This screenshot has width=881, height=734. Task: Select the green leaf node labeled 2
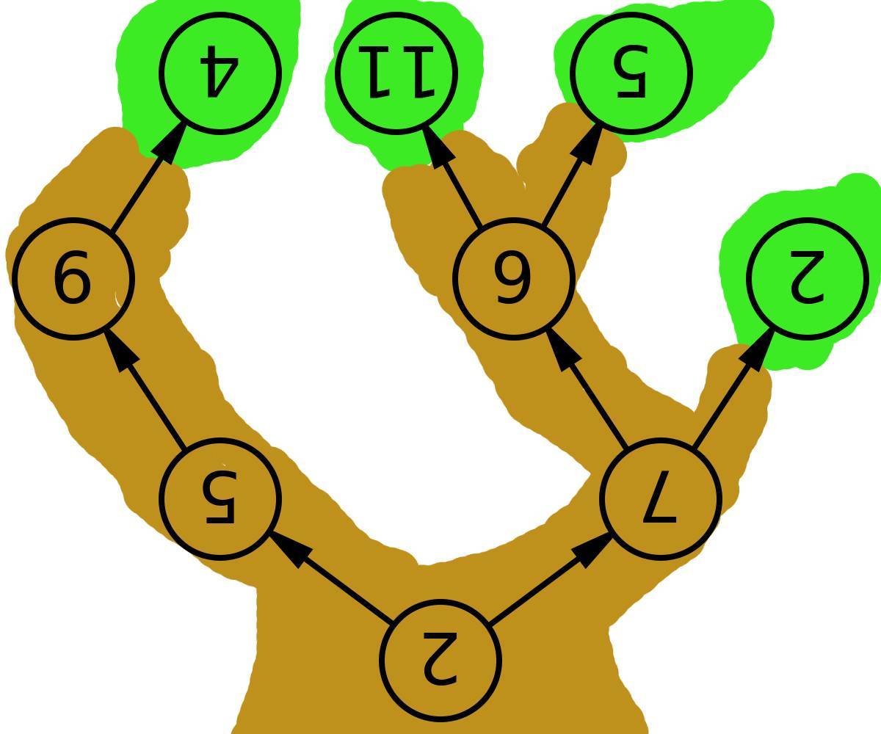pyautogui.click(x=808, y=279)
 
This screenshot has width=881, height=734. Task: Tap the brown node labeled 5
pyautogui.click(x=220, y=499)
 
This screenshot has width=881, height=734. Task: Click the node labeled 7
pyautogui.click(x=661, y=499)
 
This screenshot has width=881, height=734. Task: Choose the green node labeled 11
pyautogui.click(x=397, y=73)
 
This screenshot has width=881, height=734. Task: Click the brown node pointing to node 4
pyautogui.click(x=73, y=279)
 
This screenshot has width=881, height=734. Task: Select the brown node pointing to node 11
pyautogui.click(x=513, y=279)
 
